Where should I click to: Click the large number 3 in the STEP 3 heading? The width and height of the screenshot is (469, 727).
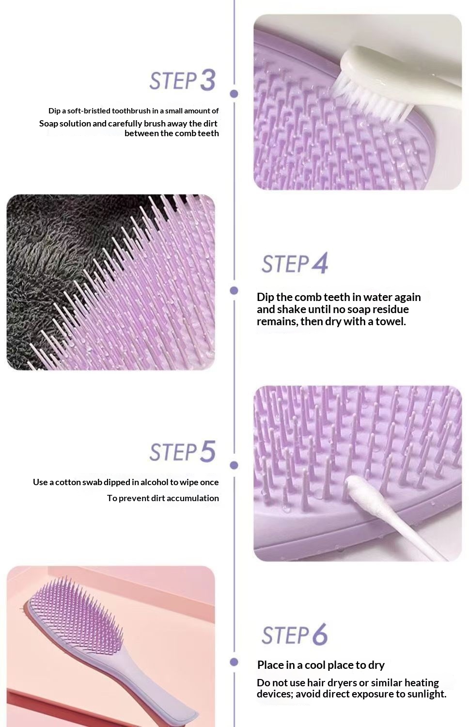(207, 80)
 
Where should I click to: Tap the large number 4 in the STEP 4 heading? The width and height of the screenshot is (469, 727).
(320, 263)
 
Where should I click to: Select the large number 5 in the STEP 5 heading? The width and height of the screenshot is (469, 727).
(207, 451)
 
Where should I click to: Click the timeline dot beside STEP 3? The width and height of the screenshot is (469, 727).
(234, 94)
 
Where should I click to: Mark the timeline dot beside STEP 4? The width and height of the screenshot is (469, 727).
(234, 290)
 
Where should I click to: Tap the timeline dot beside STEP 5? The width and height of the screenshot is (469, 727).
(234, 465)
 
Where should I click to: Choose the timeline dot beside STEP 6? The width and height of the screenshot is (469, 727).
(234, 662)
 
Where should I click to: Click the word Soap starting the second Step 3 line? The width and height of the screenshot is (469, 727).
(48, 124)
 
